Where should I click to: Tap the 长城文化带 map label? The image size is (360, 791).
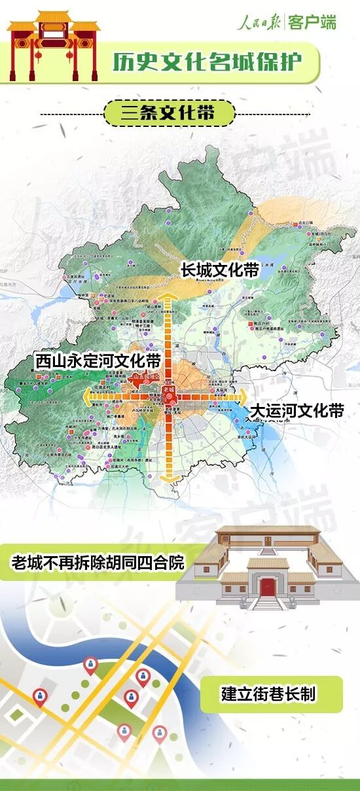coord(220,270)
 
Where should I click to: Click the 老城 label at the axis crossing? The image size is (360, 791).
coord(170,391)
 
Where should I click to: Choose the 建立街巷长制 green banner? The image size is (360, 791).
coord(268,694)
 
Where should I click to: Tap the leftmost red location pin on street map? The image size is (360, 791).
coord(41,697)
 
